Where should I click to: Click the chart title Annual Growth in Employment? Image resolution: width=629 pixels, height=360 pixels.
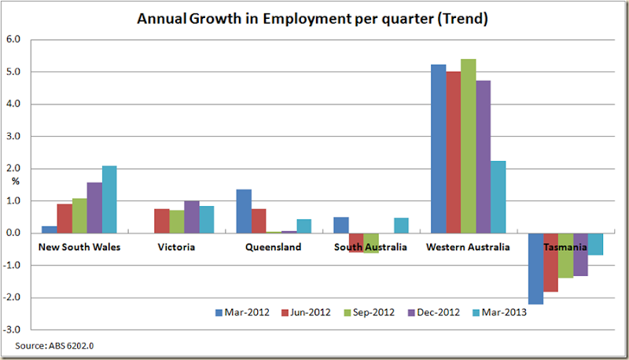313,19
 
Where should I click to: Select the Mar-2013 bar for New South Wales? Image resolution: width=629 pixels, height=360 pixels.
109,199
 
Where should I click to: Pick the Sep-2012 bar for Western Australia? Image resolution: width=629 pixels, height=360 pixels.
468,145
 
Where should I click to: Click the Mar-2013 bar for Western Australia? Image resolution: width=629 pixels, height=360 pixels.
498,197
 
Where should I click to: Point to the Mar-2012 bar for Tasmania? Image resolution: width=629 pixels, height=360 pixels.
535,268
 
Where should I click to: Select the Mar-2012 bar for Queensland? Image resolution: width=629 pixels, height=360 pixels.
244,211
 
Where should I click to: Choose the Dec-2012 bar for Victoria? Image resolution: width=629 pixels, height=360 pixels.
191,217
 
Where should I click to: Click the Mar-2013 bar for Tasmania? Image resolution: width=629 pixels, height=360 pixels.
595,244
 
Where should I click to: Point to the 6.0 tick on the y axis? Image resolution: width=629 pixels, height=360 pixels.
13,39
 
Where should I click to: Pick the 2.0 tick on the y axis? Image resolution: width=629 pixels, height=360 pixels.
13,168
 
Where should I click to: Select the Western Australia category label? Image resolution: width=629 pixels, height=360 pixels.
468,247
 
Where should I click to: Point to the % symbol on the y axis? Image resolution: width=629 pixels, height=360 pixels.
15,182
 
